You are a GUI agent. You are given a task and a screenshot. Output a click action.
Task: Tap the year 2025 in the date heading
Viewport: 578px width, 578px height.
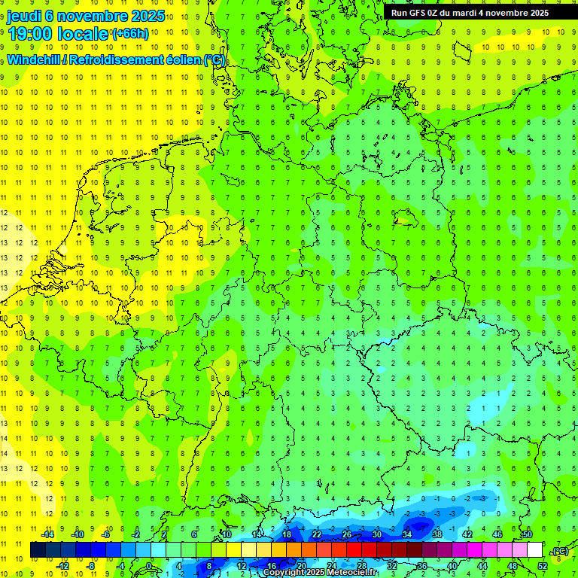click(x=147, y=16)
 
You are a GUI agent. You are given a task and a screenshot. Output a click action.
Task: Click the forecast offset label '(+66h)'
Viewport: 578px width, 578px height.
click(x=130, y=34)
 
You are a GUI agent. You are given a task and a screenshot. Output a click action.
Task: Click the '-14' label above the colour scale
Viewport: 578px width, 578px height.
click(x=47, y=534)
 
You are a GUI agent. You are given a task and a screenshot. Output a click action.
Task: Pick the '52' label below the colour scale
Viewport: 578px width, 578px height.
click(x=543, y=566)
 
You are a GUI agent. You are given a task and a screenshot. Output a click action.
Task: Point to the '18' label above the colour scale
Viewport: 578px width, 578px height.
click(x=287, y=534)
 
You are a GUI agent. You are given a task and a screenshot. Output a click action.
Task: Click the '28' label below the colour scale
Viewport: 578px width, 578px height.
click(x=362, y=566)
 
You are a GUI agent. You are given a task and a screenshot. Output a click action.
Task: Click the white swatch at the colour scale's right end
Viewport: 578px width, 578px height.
click(x=534, y=550)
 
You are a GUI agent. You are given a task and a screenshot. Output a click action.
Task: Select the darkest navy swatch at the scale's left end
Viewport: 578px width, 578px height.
click(x=38, y=550)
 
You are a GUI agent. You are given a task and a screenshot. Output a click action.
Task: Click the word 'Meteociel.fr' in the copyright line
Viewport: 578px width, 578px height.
click(x=351, y=573)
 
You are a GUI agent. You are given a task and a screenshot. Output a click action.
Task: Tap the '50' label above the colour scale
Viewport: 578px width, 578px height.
click(x=527, y=534)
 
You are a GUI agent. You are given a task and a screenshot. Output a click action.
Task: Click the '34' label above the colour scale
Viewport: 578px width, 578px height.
click(x=407, y=534)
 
